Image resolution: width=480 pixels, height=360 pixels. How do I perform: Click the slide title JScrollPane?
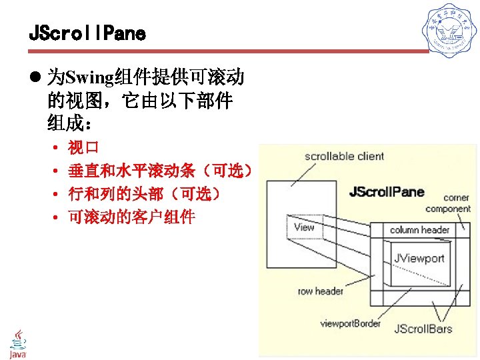(x=87, y=33)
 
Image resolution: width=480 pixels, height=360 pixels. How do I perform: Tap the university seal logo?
(x=451, y=32)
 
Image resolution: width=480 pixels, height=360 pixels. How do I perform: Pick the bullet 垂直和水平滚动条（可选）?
(x=160, y=171)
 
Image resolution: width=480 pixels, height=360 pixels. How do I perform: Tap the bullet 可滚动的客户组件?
(x=131, y=217)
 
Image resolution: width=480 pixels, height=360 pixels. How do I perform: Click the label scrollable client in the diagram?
(x=344, y=157)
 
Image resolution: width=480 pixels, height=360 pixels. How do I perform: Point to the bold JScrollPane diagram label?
(x=387, y=193)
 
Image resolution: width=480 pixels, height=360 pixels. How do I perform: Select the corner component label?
(x=457, y=203)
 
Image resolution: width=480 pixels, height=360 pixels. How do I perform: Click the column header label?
(x=419, y=230)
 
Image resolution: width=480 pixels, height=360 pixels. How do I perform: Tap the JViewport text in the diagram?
(x=419, y=258)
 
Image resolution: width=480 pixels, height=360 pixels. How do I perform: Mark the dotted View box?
(x=304, y=227)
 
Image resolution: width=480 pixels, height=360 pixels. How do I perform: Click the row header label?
(x=321, y=291)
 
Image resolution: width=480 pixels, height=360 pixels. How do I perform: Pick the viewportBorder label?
(x=351, y=323)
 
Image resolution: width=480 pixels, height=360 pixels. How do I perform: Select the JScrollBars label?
(x=423, y=328)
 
